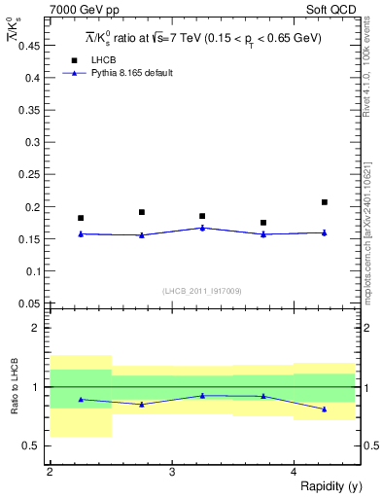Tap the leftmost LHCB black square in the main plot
(x=81, y=218)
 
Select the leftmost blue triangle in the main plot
(x=81, y=233)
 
